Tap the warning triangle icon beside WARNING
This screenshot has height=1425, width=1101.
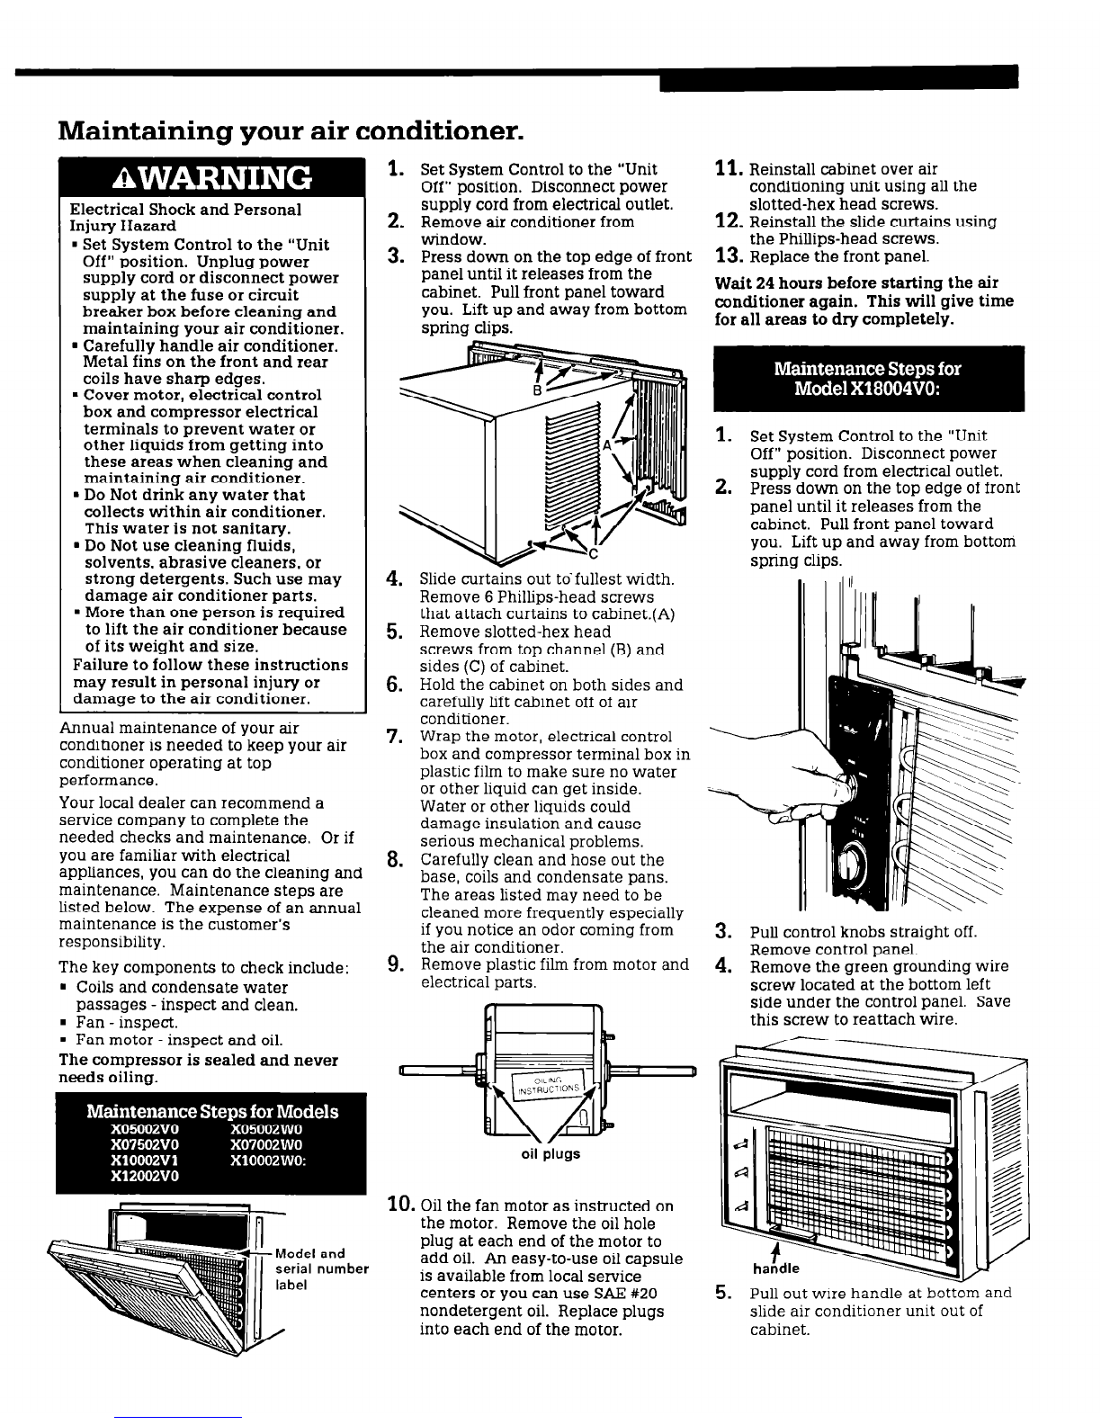(x=122, y=178)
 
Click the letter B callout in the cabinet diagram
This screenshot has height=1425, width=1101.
(x=537, y=390)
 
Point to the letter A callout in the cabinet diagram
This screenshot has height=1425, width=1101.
(x=607, y=445)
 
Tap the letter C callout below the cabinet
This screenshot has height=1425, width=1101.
(x=593, y=555)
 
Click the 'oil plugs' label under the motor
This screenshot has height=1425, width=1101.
(x=550, y=1153)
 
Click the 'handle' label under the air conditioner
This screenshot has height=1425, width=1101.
(x=775, y=1269)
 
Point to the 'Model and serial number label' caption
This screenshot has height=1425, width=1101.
(x=321, y=1269)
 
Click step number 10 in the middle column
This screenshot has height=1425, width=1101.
(x=400, y=1204)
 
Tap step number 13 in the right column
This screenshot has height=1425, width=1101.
(x=729, y=255)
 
